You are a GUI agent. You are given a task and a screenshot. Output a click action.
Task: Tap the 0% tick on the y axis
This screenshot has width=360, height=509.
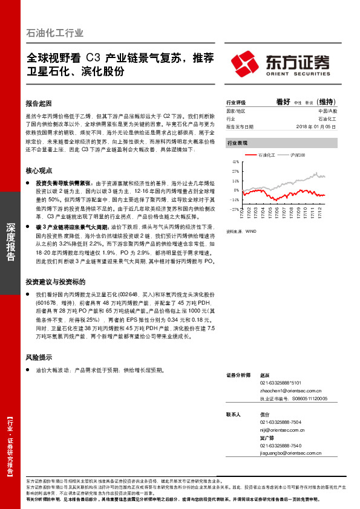[237, 190]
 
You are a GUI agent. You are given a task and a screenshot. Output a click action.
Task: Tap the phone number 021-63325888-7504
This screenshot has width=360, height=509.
[281, 422]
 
